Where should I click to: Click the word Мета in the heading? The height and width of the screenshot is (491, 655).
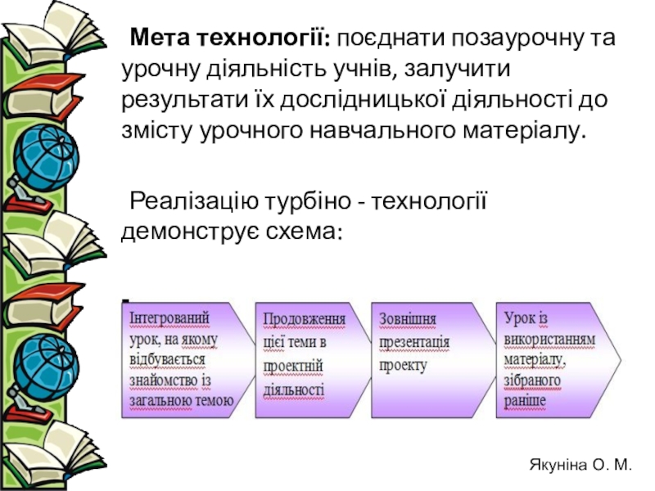[160, 38]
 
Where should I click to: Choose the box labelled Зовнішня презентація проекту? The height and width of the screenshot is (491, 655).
[422, 358]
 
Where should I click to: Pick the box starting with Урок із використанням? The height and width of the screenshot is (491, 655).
[553, 358]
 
